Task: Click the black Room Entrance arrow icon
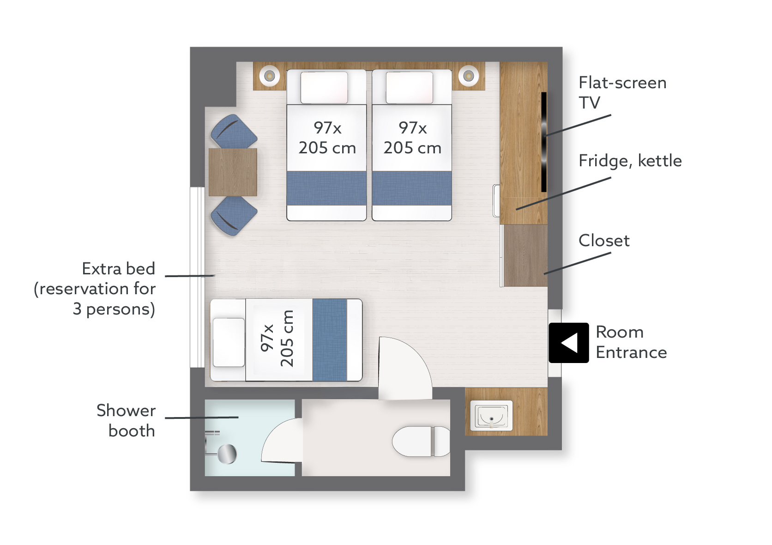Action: [569, 343]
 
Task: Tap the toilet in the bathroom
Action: [421, 441]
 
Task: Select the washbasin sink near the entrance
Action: [491, 415]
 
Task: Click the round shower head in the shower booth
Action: [227, 454]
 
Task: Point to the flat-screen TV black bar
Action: [544, 142]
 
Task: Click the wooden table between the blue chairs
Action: [233, 172]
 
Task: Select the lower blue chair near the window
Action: [234, 216]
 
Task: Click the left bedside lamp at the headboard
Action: [270, 75]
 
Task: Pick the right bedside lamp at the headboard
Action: [468, 75]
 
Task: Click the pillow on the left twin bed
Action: [324, 88]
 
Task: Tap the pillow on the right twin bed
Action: [410, 88]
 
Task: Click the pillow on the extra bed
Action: [229, 342]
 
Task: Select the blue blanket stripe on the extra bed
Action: [330, 340]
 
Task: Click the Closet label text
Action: [604, 241]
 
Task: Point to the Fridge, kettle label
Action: [630, 161]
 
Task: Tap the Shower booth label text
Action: [126, 421]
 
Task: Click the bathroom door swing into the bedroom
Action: [405, 369]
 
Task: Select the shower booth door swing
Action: [282, 440]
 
